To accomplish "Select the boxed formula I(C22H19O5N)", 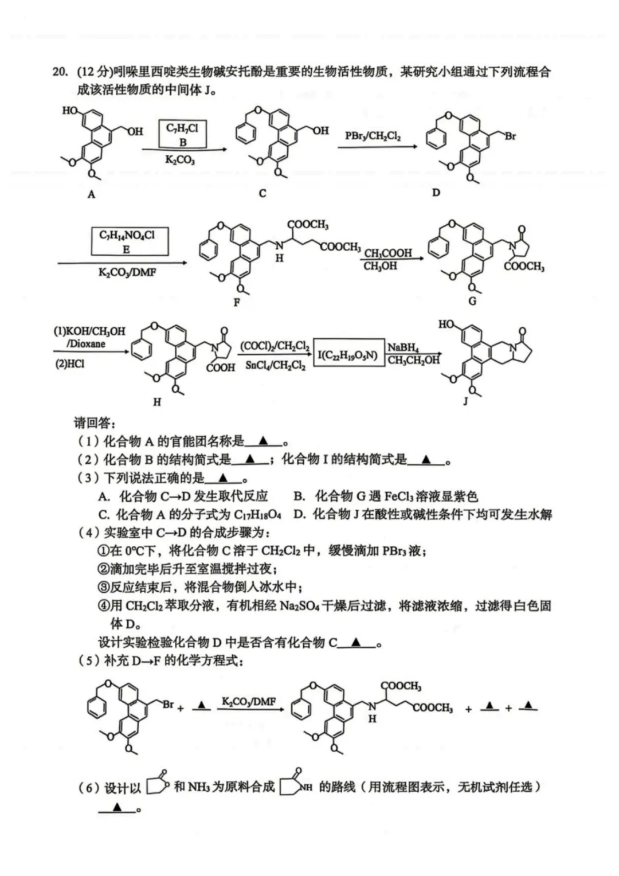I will [x=348, y=355].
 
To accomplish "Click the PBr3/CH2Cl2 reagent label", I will [x=373, y=136].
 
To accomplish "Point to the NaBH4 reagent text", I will [x=403, y=347].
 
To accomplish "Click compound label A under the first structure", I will [x=91, y=194].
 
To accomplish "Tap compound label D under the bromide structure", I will [x=436, y=193].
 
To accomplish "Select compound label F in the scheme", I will [x=237, y=302].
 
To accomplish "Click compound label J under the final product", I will [x=465, y=401].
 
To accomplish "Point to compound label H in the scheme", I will [x=156, y=402].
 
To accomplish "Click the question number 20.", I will [x=60, y=72].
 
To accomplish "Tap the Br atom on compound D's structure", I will [x=510, y=136].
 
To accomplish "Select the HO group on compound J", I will [x=446, y=325].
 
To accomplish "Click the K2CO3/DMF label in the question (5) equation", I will [x=249, y=702].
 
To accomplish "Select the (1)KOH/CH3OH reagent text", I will [x=89, y=331].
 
